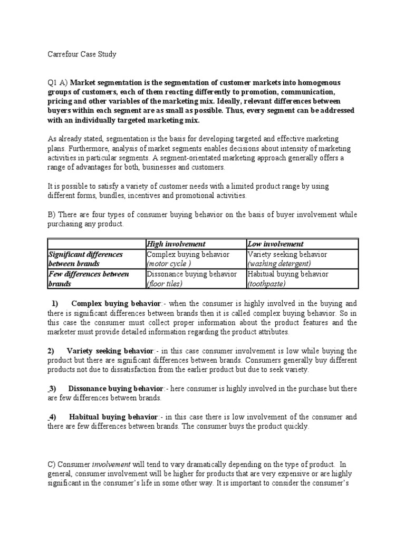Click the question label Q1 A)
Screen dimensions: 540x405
coord(58,83)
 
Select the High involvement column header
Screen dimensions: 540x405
coord(176,244)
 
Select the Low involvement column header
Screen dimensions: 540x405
coord(275,244)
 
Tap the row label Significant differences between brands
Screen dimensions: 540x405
coord(85,258)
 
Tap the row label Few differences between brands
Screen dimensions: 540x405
coord(88,278)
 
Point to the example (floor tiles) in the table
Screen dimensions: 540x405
coord(165,284)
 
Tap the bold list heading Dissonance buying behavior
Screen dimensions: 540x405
coord(115,389)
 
